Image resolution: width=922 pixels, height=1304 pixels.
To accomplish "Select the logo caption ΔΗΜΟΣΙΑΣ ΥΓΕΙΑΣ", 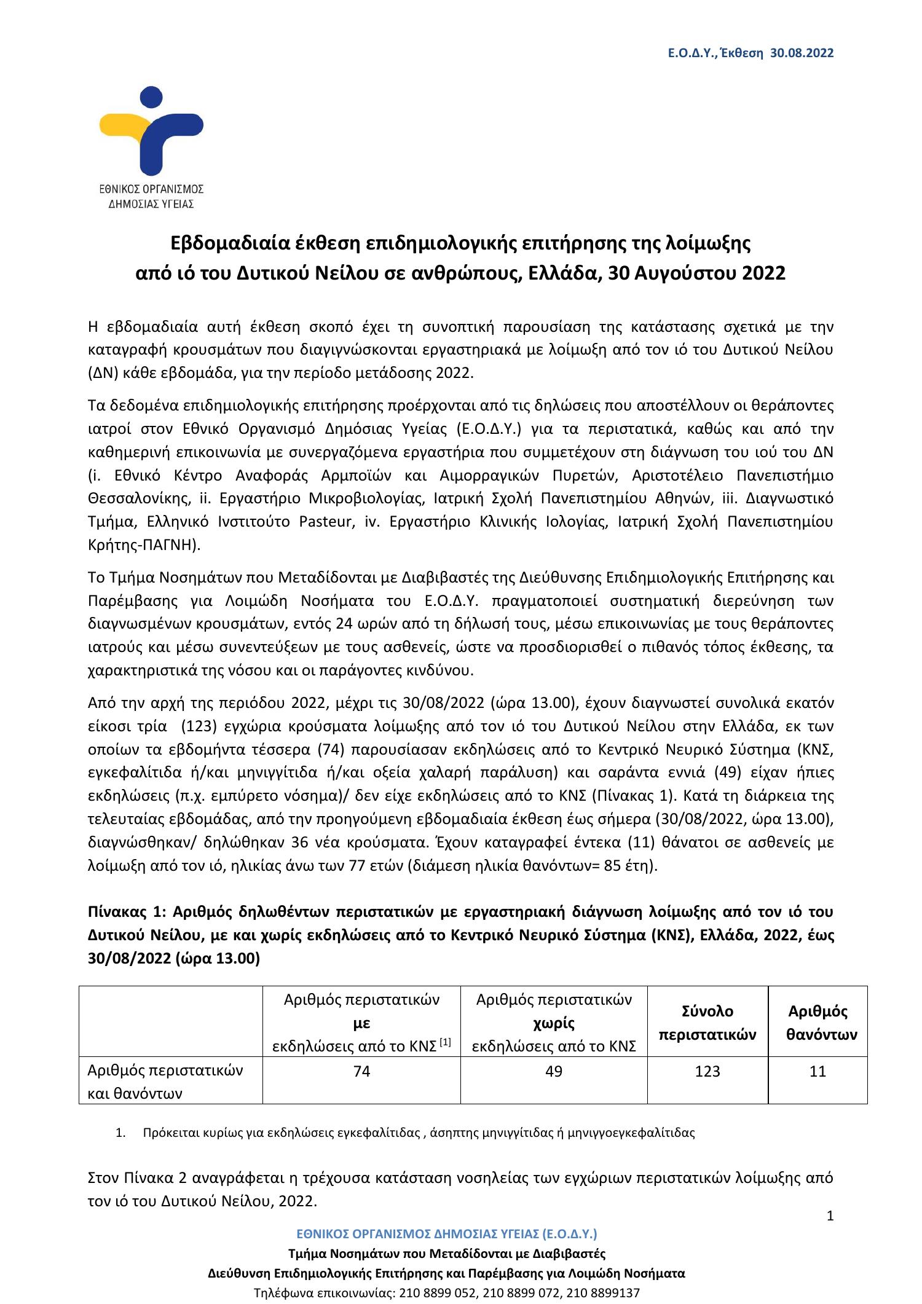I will click(151, 204).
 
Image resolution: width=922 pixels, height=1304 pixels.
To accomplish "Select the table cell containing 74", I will click(361, 1071).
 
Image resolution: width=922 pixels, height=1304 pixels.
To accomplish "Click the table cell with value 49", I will click(554, 1071).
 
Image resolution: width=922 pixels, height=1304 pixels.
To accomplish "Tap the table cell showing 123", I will click(707, 1071).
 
